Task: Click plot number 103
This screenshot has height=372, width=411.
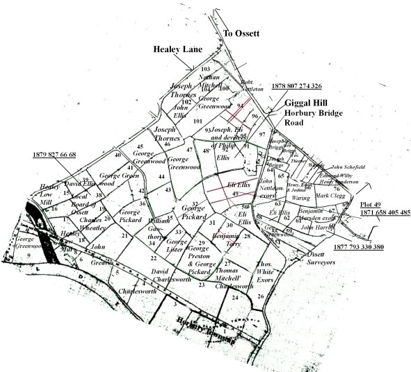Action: (205, 69)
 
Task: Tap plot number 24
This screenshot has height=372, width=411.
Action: (235, 297)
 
